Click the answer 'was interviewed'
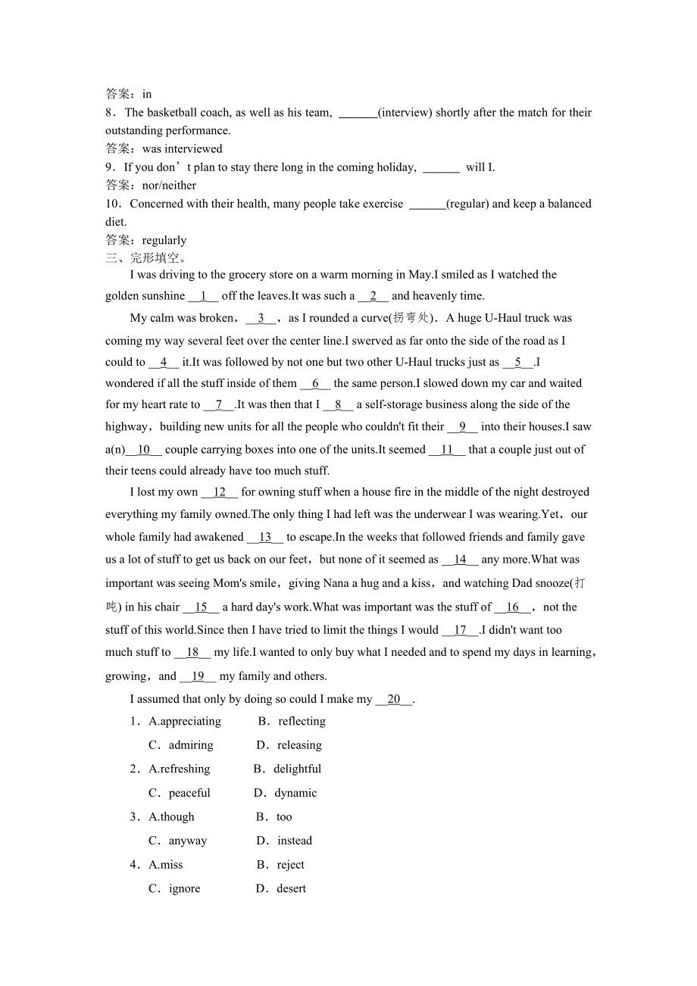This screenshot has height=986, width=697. [182, 149]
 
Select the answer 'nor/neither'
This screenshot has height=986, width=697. [169, 186]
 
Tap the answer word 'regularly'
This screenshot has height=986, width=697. [164, 241]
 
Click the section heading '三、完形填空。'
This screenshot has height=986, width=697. [145, 258]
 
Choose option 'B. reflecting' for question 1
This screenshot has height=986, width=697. [292, 722]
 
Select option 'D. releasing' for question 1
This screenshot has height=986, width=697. [289, 745]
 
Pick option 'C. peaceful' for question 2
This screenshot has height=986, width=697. [180, 794]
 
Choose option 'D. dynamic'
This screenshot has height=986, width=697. [286, 794]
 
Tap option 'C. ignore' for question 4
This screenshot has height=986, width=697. [175, 889]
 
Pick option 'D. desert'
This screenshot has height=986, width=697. [282, 889]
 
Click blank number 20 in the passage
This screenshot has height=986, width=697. [394, 700]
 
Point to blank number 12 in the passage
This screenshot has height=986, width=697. [220, 492]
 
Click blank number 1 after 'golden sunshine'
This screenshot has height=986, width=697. [203, 296]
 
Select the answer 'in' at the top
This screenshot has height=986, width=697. [147, 95]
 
